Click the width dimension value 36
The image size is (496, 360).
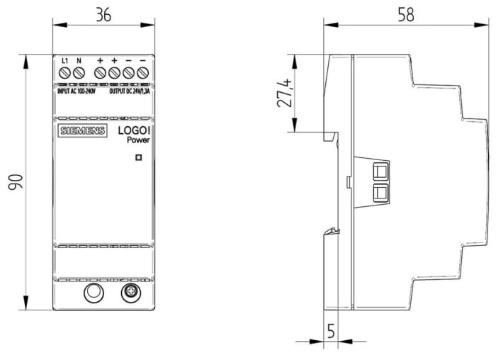(x=103, y=15)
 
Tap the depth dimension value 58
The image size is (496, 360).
(x=405, y=15)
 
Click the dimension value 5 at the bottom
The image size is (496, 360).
(x=331, y=330)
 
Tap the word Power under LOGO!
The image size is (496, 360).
(x=138, y=140)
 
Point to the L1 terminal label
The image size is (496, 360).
(x=64, y=61)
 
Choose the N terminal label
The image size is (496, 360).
(x=79, y=61)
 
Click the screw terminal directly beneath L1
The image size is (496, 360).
(x=64, y=72)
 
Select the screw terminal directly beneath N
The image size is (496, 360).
(x=79, y=72)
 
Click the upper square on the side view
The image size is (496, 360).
(x=381, y=171)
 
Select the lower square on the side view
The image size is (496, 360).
(x=381, y=191)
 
